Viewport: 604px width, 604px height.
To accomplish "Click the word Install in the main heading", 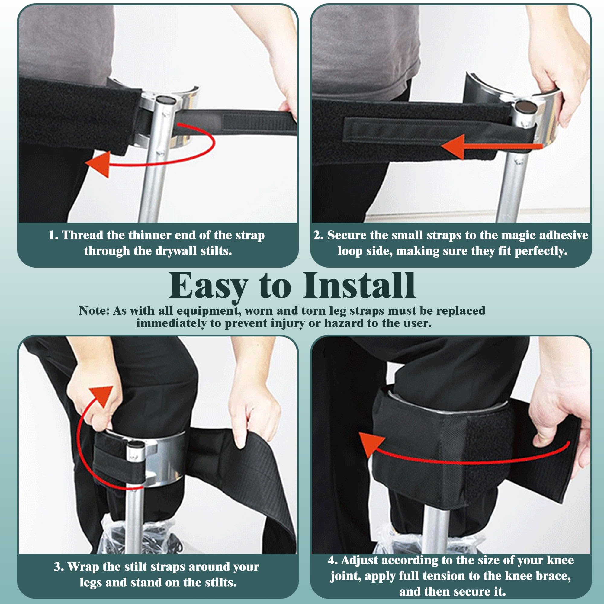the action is [359, 285].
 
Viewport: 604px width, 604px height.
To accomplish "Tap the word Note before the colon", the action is [92, 311].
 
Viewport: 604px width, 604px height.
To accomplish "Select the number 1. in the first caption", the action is [53, 235].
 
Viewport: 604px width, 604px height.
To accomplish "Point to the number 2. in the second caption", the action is [319, 235].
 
